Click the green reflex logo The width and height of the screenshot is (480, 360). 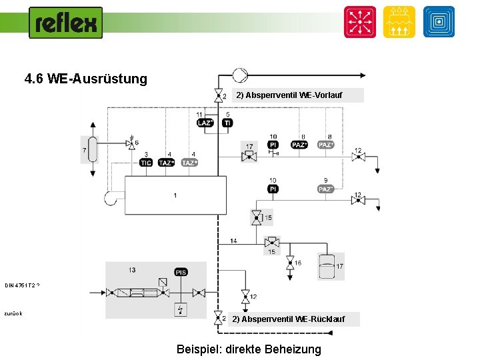[x=65, y=23]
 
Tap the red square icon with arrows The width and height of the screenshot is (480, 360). [x=359, y=22]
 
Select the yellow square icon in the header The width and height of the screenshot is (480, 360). [x=399, y=22]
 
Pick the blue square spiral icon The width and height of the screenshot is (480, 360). [x=438, y=22]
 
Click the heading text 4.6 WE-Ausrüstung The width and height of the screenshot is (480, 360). [x=85, y=79]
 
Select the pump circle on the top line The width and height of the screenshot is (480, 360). [x=239, y=75]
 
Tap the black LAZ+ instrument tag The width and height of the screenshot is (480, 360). [x=205, y=123]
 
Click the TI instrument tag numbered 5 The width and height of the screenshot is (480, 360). [x=227, y=123]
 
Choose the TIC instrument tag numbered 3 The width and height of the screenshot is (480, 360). [x=146, y=163]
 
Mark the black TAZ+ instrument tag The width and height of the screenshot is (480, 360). [x=167, y=163]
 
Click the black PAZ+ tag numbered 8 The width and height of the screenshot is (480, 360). [x=299, y=145]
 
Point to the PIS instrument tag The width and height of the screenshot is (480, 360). [x=181, y=272]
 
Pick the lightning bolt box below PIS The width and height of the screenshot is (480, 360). [x=181, y=309]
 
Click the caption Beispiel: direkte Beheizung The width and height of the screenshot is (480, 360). [x=248, y=349]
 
